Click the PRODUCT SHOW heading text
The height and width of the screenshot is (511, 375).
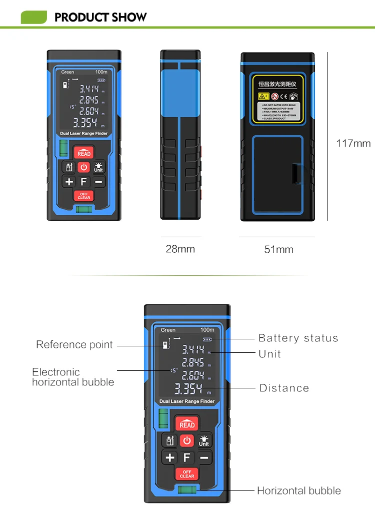point(100,17)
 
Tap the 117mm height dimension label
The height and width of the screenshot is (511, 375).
point(353,144)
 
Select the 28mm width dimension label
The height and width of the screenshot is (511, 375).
point(180,249)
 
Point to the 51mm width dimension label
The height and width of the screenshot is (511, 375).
point(278,249)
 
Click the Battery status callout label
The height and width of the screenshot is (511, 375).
point(298,338)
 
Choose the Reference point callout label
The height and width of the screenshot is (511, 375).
point(74,345)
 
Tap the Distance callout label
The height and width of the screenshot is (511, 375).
point(284,388)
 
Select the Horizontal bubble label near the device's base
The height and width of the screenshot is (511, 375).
point(299,490)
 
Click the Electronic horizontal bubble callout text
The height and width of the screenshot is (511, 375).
point(73,377)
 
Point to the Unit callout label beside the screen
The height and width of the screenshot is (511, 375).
point(269,354)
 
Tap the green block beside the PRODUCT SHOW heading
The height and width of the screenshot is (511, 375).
point(33,18)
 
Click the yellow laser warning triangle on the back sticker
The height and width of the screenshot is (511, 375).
point(261,96)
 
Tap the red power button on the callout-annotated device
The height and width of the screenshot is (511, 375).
point(187,440)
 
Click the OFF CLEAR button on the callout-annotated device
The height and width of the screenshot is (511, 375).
point(187,473)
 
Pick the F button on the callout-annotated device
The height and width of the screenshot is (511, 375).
point(187,457)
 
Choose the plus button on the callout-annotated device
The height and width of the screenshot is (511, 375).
point(170,457)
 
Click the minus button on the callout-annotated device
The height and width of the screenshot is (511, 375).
point(204,457)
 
